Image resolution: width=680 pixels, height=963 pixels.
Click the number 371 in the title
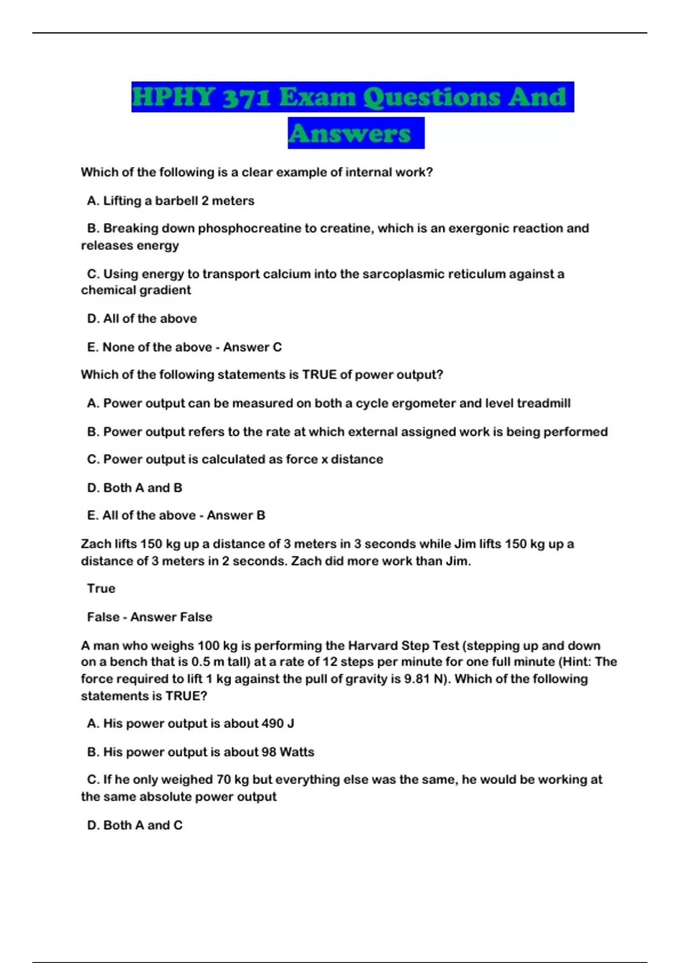coord(246,97)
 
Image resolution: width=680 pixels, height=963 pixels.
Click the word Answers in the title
coord(350,134)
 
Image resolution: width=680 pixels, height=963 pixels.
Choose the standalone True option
coord(101,589)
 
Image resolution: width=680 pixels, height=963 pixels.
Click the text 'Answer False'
coord(171,617)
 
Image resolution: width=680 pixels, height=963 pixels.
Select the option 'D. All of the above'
coord(142,318)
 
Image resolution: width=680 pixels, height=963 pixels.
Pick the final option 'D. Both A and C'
coord(135,825)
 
